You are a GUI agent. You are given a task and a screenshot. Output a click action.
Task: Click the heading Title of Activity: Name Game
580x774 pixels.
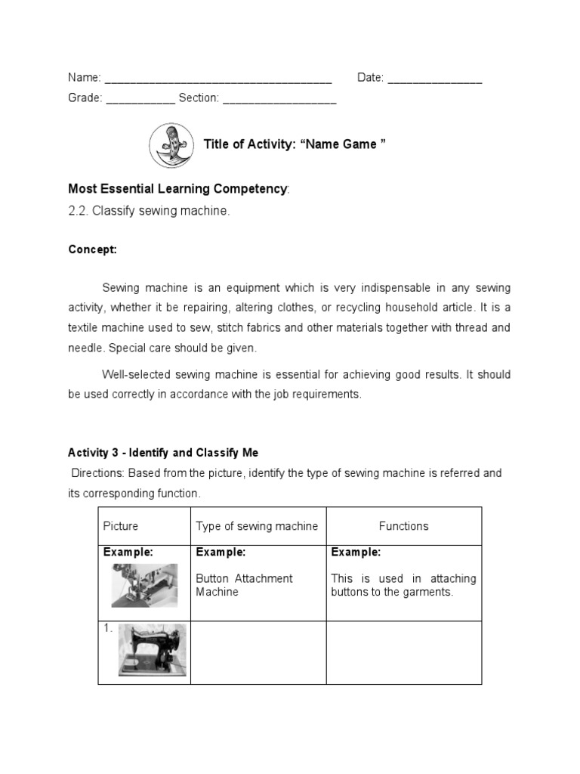(x=295, y=144)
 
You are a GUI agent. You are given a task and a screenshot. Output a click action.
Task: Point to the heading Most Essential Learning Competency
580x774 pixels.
(x=177, y=188)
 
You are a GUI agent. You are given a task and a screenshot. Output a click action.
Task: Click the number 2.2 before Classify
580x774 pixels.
(x=78, y=212)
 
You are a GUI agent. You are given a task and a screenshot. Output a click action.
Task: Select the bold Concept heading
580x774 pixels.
(x=92, y=249)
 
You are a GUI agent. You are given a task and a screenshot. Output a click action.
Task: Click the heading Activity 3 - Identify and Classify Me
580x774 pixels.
(x=163, y=453)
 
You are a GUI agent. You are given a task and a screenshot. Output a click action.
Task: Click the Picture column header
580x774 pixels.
(x=121, y=526)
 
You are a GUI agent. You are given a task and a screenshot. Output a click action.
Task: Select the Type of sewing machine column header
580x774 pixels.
(x=257, y=526)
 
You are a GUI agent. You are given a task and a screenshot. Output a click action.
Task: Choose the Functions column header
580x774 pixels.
(x=403, y=526)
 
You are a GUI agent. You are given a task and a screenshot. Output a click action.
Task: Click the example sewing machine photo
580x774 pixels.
(x=145, y=585)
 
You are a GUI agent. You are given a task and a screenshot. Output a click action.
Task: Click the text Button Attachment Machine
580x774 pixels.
(x=244, y=585)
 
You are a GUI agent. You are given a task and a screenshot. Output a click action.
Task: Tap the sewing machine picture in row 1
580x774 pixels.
(x=151, y=649)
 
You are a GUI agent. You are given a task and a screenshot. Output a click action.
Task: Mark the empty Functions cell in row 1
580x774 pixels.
(x=403, y=652)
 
